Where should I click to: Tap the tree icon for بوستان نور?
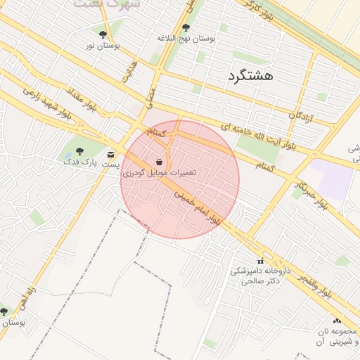(x=103, y=34)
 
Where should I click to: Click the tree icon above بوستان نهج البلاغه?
(x=186, y=28)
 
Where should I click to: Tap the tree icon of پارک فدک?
(x=79, y=150)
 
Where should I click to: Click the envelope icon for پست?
(x=110, y=155)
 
